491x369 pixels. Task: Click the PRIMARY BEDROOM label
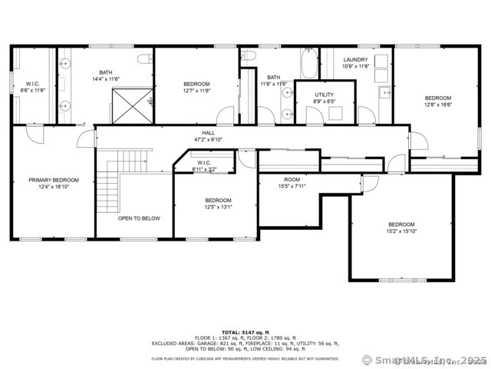click(54, 180)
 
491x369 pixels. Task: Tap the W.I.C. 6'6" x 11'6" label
click(32, 84)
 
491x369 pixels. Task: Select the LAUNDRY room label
click(356, 59)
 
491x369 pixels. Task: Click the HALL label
click(208, 133)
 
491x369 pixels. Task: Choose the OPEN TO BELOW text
click(139, 218)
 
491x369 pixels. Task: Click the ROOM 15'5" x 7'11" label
click(292, 178)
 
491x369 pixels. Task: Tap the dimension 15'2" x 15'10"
click(401, 231)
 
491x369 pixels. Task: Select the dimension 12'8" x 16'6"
click(438, 105)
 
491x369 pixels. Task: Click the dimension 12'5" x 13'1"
click(218, 207)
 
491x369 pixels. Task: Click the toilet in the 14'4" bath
click(143, 59)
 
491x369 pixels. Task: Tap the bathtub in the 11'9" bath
click(308, 64)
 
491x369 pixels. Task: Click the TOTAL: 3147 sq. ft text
click(246, 331)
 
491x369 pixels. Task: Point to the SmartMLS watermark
click(423, 360)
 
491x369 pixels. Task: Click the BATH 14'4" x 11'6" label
click(105, 75)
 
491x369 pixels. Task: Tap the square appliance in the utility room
click(334, 112)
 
